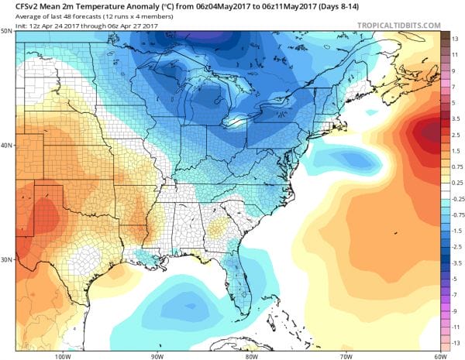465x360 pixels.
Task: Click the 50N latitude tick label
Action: click(x=6, y=32)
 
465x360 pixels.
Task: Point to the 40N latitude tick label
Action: click(x=6, y=146)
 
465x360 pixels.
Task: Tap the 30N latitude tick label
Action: click(x=6, y=259)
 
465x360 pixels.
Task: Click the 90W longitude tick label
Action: click(x=157, y=355)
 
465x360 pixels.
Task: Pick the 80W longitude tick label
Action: click(x=250, y=355)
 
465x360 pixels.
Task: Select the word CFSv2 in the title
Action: click(x=16, y=7)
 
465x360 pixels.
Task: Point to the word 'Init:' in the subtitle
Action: click(x=12, y=24)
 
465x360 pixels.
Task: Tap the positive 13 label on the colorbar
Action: click(x=456, y=36)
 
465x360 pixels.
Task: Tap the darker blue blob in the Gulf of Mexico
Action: click(x=186, y=303)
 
